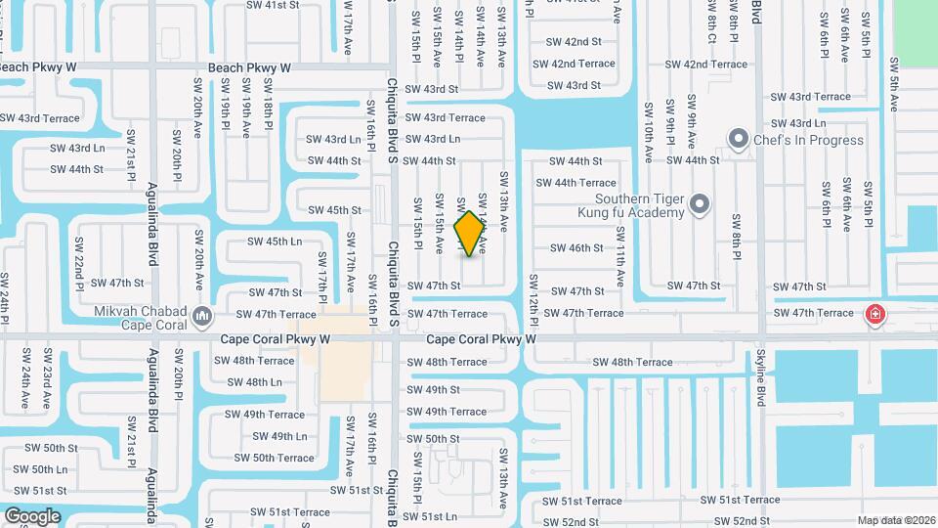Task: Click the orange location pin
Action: click(x=470, y=233)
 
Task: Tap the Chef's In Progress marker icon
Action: click(x=739, y=139)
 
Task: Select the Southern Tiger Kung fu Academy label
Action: click(x=628, y=204)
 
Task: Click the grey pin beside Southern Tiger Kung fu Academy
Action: click(x=699, y=204)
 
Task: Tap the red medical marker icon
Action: click(x=874, y=314)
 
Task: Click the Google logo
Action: click(x=32, y=516)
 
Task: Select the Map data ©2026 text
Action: click(x=896, y=520)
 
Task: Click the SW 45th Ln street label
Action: click(x=275, y=242)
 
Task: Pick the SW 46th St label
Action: click(x=576, y=248)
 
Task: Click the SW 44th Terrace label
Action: click(x=584, y=183)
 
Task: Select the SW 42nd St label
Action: click(x=575, y=42)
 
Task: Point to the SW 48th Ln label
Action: click(x=250, y=382)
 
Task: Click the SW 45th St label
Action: click(x=334, y=210)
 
